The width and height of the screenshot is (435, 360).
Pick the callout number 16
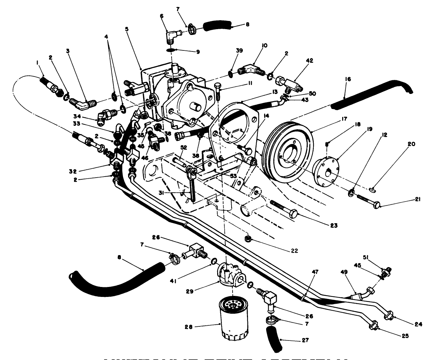pos(348,79)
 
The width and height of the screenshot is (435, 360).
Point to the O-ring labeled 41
pos(213,263)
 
